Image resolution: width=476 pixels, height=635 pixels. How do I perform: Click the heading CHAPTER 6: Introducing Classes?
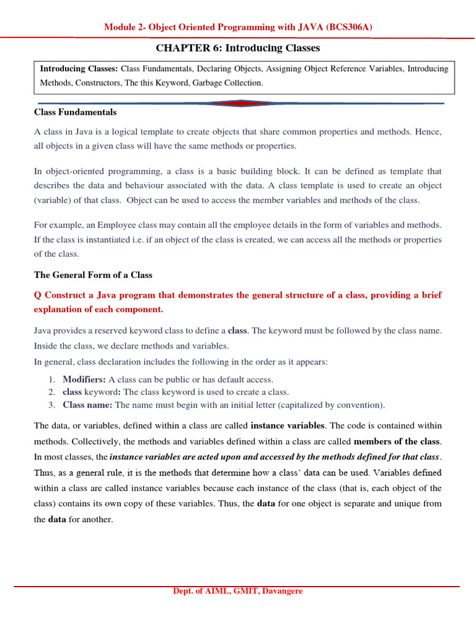point(238,48)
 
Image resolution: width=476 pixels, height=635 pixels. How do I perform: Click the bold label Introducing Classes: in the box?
point(79,69)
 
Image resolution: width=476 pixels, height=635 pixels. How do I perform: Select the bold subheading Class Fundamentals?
point(75,112)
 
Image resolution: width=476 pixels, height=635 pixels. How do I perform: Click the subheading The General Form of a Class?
point(93,275)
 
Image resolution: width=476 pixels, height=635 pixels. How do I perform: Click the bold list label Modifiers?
point(84,379)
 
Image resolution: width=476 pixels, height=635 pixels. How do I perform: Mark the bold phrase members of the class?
point(396,442)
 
